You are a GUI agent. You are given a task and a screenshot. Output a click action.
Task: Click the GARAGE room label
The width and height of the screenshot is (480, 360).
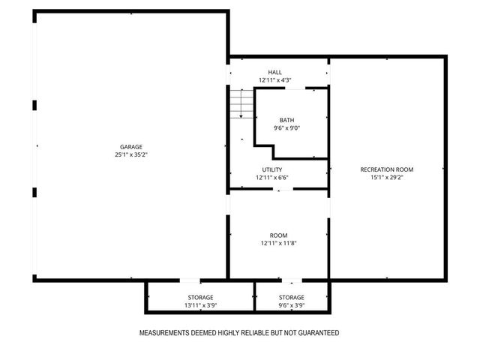pyautogui.click(x=130, y=147)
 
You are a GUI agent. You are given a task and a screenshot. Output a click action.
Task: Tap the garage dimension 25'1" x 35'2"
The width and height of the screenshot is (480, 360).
pyautogui.click(x=130, y=155)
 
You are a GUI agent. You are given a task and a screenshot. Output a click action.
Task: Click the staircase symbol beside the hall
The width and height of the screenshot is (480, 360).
pyautogui.click(x=240, y=103)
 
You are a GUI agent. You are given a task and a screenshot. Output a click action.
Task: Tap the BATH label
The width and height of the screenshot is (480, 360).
pyautogui.click(x=287, y=120)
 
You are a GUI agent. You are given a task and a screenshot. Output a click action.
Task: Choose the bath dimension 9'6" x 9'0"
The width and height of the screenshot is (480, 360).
pyautogui.click(x=287, y=128)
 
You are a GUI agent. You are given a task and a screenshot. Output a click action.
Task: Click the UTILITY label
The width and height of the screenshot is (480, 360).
pyautogui.click(x=272, y=169)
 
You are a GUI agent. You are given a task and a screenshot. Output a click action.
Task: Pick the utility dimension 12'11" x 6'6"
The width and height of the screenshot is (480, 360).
pyautogui.click(x=272, y=178)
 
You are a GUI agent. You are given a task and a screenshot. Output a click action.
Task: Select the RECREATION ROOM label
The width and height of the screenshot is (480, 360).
pyautogui.click(x=387, y=169)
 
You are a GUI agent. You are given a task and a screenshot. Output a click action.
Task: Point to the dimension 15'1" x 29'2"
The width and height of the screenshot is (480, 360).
pyautogui.click(x=387, y=178)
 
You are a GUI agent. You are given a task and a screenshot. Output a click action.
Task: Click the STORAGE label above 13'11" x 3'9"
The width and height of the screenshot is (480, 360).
pyautogui.click(x=200, y=298)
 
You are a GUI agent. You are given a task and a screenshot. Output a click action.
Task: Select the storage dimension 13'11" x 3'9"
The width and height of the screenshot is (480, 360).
pyautogui.click(x=200, y=306)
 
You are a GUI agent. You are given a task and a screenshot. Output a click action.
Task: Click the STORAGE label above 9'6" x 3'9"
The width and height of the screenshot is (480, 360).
pyautogui.click(x=292, y=298)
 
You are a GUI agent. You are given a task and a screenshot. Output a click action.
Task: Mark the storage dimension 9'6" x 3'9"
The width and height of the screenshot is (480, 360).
pyautogui.click(x=292, y=306)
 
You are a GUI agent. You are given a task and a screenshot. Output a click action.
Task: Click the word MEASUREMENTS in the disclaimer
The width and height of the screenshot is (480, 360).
pyautogui.click(x=166, y=333)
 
